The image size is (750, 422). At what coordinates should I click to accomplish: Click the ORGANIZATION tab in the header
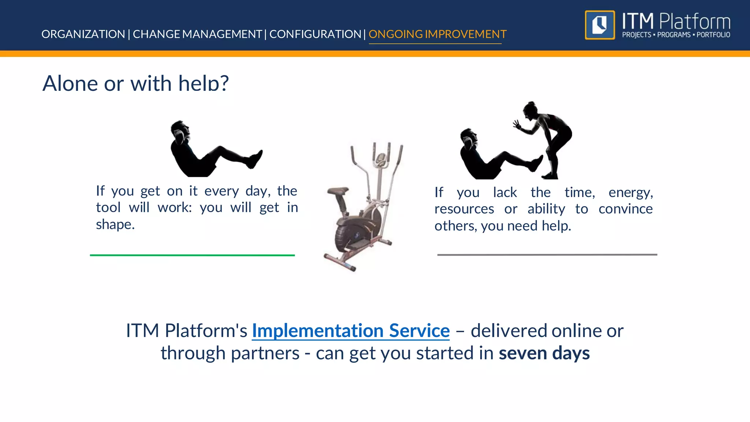(x=83, y=34)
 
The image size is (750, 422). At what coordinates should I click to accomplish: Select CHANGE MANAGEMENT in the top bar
(x=197, y=34)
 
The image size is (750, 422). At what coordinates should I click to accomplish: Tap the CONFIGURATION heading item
(x=315, y=34)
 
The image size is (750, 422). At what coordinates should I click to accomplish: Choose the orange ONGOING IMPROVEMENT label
(x=437, y=34)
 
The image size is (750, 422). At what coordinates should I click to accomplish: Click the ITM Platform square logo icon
(x=599, y=25)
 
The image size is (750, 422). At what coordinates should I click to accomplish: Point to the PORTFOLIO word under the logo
(x=713, y=35)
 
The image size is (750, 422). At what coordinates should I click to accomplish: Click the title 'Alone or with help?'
(x=135, y=83)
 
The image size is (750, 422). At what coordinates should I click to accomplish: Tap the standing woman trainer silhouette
(x=549, y=136)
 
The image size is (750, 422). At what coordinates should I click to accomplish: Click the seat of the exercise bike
(x=337, y=191)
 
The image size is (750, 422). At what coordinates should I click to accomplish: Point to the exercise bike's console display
(x=381, y=159)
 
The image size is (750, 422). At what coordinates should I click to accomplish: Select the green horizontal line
(x=192, y=255)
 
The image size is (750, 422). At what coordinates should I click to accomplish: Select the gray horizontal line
(x=547, y=254)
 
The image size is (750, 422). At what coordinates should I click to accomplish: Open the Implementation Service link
(x=350, y=330)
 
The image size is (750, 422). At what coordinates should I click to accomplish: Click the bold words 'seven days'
(x=544, y=353)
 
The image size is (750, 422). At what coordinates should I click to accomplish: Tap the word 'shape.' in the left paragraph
(x=115, y=224)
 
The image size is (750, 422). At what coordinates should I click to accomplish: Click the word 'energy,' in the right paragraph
(x=631, y=192)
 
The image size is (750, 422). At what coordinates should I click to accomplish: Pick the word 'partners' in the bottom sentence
(x=265, y=353)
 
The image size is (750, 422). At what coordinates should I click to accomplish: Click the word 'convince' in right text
(x=625, y=209)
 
